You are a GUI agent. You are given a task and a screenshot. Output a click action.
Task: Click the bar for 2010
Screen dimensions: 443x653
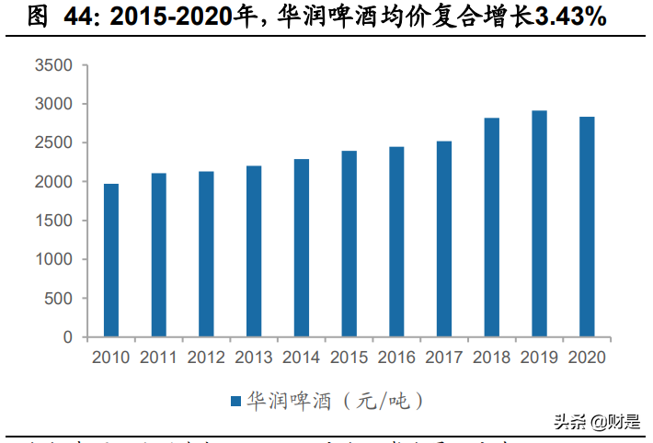point(111,260)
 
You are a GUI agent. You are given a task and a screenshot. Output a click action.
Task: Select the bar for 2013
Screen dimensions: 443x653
point(254,251)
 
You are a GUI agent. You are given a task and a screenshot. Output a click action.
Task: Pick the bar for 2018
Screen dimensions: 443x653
point(492,227)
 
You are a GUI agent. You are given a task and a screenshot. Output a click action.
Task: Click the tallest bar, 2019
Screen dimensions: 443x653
point(540,223)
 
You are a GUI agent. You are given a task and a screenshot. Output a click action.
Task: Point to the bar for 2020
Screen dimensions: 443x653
point(587,227)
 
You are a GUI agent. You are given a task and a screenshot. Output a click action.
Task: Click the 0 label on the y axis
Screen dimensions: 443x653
point(67,337)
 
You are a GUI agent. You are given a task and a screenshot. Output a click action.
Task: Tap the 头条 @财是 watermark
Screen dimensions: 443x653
point(596,422)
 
